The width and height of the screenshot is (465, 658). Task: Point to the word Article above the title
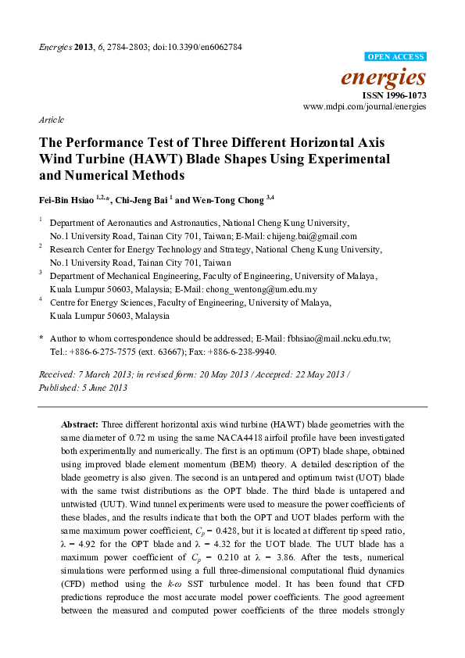point(51,120)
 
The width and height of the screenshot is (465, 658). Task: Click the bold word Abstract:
point(81,422)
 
